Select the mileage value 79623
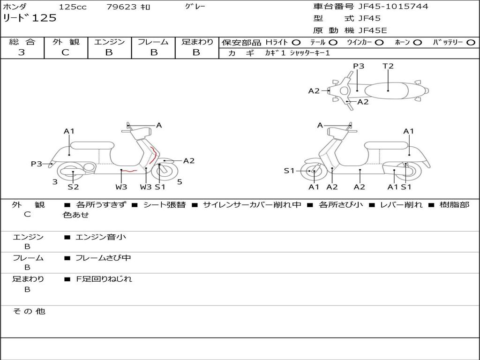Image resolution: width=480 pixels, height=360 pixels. tap(121, 7)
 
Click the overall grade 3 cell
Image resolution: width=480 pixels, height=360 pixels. tap(22, 52)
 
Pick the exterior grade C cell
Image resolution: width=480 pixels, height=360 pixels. tap(66, 52)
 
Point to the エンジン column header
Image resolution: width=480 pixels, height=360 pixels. tap(109, 42)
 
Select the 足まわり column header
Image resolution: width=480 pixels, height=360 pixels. tap(197, 42)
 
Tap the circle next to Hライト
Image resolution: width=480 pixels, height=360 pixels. tap(296, 42)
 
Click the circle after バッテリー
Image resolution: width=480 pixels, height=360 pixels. tap(470, 42)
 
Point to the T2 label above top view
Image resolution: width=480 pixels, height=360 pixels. tap(388, 66)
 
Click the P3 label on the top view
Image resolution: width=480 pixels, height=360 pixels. tap(359, 66)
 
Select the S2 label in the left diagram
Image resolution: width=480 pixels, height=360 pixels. tap(73, 187)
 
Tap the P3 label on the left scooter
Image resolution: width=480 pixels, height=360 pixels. tap(37, 164)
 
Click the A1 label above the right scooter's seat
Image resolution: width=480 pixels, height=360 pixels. tap(409, 131)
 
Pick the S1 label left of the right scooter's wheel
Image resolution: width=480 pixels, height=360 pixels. tap(290, 171)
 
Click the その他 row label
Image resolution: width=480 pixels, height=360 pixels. tap(29, 311)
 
